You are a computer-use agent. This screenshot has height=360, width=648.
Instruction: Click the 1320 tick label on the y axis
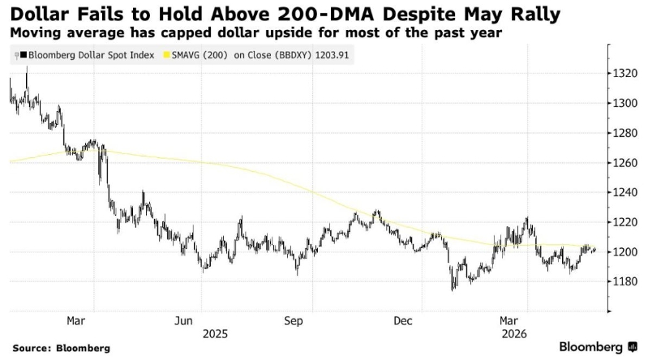625,74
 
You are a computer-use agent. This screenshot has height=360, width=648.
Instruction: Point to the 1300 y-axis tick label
625,103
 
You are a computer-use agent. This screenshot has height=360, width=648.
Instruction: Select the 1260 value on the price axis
625,163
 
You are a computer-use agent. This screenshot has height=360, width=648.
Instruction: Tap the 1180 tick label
625,281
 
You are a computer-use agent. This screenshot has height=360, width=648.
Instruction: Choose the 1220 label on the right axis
625,222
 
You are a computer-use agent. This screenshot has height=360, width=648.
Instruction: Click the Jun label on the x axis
183,321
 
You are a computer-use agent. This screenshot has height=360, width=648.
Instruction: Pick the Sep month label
294,321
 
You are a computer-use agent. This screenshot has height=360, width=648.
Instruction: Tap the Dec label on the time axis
403,321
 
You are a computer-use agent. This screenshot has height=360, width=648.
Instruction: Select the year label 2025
215,334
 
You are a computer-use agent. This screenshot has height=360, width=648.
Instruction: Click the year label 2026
514,334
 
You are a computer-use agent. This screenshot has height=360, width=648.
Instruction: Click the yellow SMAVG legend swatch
167,55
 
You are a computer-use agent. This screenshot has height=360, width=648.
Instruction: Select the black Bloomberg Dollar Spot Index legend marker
24,55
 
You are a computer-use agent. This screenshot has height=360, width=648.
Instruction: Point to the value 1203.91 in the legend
332,55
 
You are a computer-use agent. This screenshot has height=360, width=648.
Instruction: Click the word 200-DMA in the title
327,15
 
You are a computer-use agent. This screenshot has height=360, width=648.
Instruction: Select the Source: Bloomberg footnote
62,348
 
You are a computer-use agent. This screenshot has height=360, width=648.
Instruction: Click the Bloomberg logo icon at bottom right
632,347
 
